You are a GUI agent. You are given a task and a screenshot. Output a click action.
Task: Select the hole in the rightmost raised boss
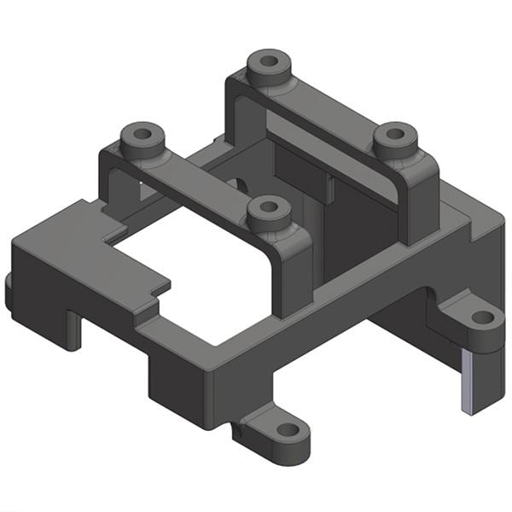point(395,134)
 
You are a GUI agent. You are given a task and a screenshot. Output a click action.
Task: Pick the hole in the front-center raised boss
point(269,207)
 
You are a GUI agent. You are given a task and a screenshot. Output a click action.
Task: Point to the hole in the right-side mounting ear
point(482,317)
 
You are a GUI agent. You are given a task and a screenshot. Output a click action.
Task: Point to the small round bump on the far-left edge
point(9,290)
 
